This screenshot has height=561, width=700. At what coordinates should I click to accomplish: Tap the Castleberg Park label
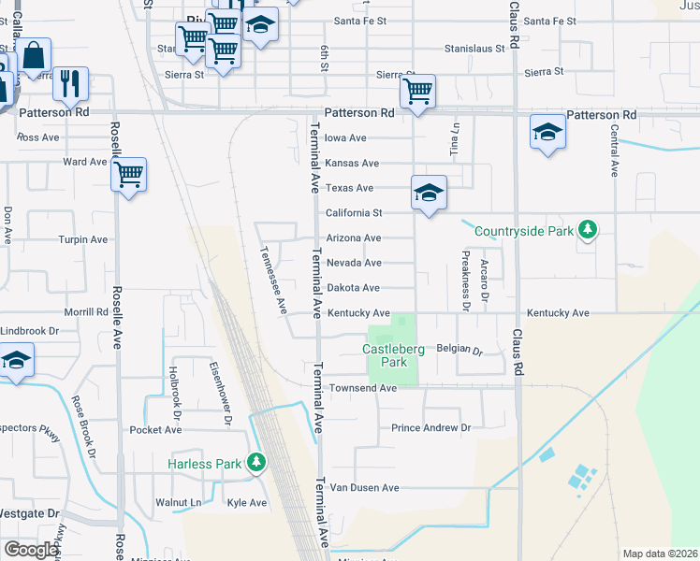[x=393, y=355]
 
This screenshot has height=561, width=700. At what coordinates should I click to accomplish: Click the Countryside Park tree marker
[x=587, y=229]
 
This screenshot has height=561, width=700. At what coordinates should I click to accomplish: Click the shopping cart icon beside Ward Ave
[x=128, y=173]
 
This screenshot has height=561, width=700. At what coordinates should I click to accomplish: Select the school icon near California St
[x=429, y=194]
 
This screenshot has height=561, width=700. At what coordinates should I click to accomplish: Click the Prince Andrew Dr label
[x=430, y=428]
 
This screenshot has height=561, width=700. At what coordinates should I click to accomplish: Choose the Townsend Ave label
[x=362, y=388]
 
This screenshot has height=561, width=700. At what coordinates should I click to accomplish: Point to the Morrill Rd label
[x=87, y=312]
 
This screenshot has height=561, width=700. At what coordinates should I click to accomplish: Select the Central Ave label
[x=615, y=151]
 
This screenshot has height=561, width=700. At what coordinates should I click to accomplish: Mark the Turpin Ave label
[x=83, y=239]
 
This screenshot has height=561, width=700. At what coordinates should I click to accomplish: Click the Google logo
[x=31, y=550]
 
